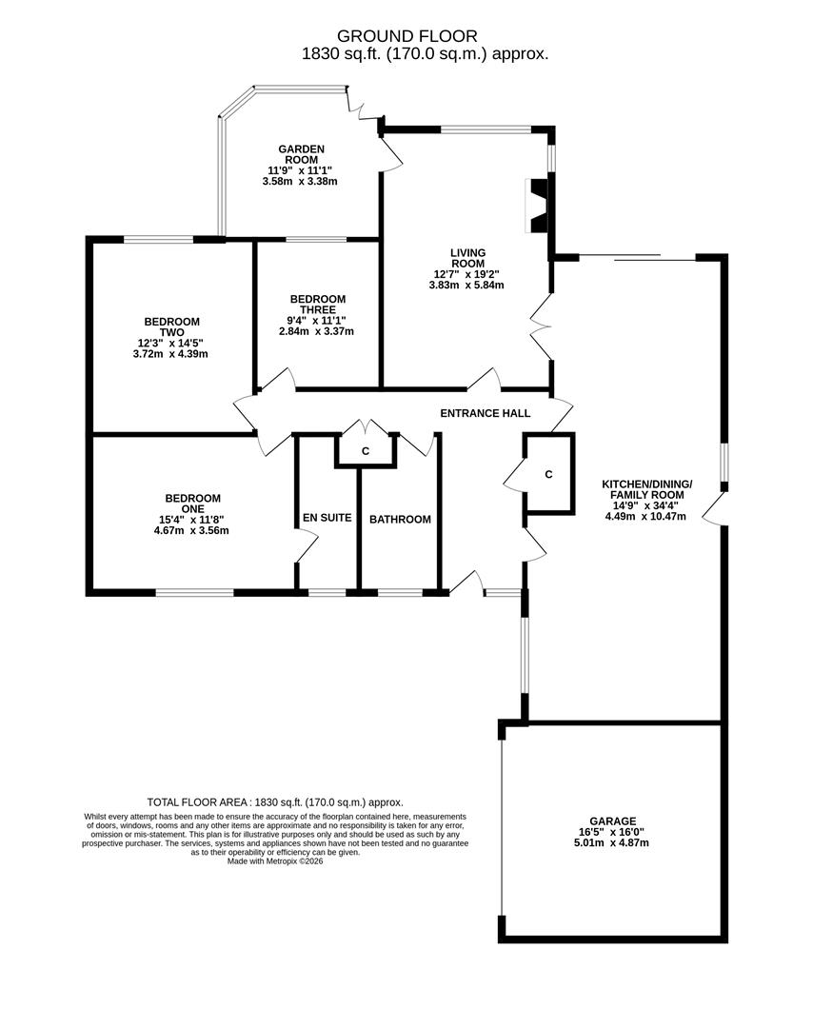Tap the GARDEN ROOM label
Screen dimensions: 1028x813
[301, 154]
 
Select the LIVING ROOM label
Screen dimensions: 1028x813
[467, 258]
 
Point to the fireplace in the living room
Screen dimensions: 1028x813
[538, 206]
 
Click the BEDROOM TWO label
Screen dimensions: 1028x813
[171, 327]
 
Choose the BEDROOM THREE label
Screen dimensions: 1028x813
[317, 305]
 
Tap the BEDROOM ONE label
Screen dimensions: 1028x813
[192, 504]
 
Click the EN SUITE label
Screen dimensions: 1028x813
[327, 519]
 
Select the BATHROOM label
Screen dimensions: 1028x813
[400, 520]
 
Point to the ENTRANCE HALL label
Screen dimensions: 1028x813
[485, 413]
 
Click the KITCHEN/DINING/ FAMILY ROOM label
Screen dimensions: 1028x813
[646, 489]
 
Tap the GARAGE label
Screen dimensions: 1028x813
[612, 821]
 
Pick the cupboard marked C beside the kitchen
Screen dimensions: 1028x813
[548, 474]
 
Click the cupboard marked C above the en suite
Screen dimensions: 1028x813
[365, 451]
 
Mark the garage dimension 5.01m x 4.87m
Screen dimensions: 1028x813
[612, 843]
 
